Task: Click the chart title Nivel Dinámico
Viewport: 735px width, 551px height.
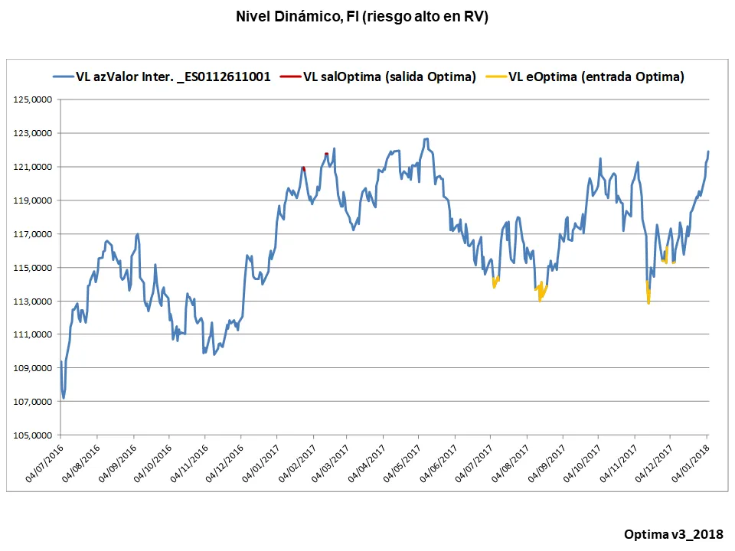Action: (x=362, y=17)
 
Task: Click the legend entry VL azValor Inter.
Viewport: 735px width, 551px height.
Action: (x=172, y=77)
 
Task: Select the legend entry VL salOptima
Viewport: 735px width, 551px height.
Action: (x=390, y=77)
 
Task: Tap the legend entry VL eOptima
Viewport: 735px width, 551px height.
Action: (x=596, y=77)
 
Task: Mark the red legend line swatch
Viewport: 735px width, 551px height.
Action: (x=290, y=77)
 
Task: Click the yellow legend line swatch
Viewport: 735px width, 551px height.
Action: (x=497, y=77)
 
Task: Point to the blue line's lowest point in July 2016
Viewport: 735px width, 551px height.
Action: (x=64, y=397)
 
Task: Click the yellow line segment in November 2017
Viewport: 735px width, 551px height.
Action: (x=648, y=294)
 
